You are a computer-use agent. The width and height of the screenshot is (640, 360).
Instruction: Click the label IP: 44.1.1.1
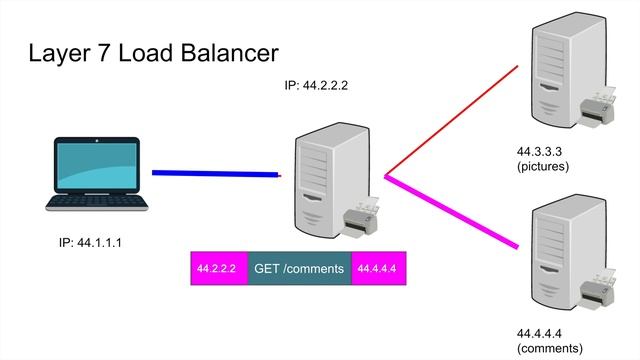(x=92, y=242)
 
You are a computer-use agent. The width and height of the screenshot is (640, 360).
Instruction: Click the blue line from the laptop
(x=215, y=174)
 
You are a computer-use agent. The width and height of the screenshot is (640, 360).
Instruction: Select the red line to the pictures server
(x=450, y=121)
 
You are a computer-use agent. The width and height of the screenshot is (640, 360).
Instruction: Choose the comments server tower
(x=556, y=250)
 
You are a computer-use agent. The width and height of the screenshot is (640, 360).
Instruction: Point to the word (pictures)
(x=543, y=167)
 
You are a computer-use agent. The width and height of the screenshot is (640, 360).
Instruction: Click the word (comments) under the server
(x=549, y=348)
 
